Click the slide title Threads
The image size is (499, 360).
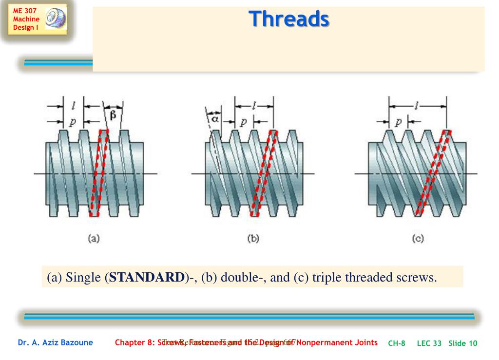288,19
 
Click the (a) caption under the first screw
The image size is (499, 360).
93,239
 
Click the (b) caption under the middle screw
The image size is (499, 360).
253,239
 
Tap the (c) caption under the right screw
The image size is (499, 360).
418,239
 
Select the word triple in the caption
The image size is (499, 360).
327,278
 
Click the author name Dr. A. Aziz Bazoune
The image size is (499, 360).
56,343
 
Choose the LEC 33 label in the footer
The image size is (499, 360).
429,343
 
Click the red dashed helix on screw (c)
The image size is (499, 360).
431,173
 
